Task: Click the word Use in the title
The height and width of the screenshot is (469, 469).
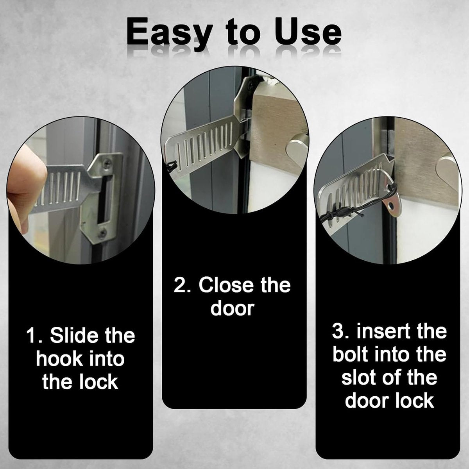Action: (308, 33)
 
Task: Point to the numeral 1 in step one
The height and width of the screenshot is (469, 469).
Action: (31, 336)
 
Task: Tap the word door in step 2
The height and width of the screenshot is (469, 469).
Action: (232, 308)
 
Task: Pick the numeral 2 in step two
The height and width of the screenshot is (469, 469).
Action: (181, 286)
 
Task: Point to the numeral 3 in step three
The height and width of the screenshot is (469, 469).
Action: (338, 331)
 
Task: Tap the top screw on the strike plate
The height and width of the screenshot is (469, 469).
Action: (107, 164)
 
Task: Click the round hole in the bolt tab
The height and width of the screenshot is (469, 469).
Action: (391, 206)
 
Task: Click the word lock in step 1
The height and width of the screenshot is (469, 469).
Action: (98, 382)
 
